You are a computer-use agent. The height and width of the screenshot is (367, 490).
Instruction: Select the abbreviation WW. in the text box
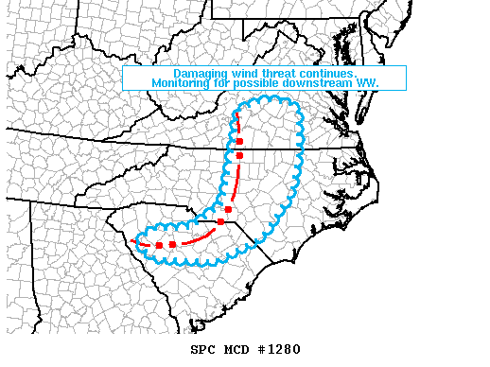[369, 83]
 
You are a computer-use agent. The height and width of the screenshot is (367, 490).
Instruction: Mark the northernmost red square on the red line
[240, 140]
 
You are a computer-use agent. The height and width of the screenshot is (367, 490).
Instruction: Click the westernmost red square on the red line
[160, 246]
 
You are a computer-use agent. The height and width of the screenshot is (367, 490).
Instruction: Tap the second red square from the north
[240, 155]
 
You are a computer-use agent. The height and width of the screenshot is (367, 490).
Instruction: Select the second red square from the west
[172, 245]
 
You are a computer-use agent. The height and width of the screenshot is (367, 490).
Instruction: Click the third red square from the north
[228, 209]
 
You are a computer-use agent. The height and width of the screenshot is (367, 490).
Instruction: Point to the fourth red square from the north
[220, 221]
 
